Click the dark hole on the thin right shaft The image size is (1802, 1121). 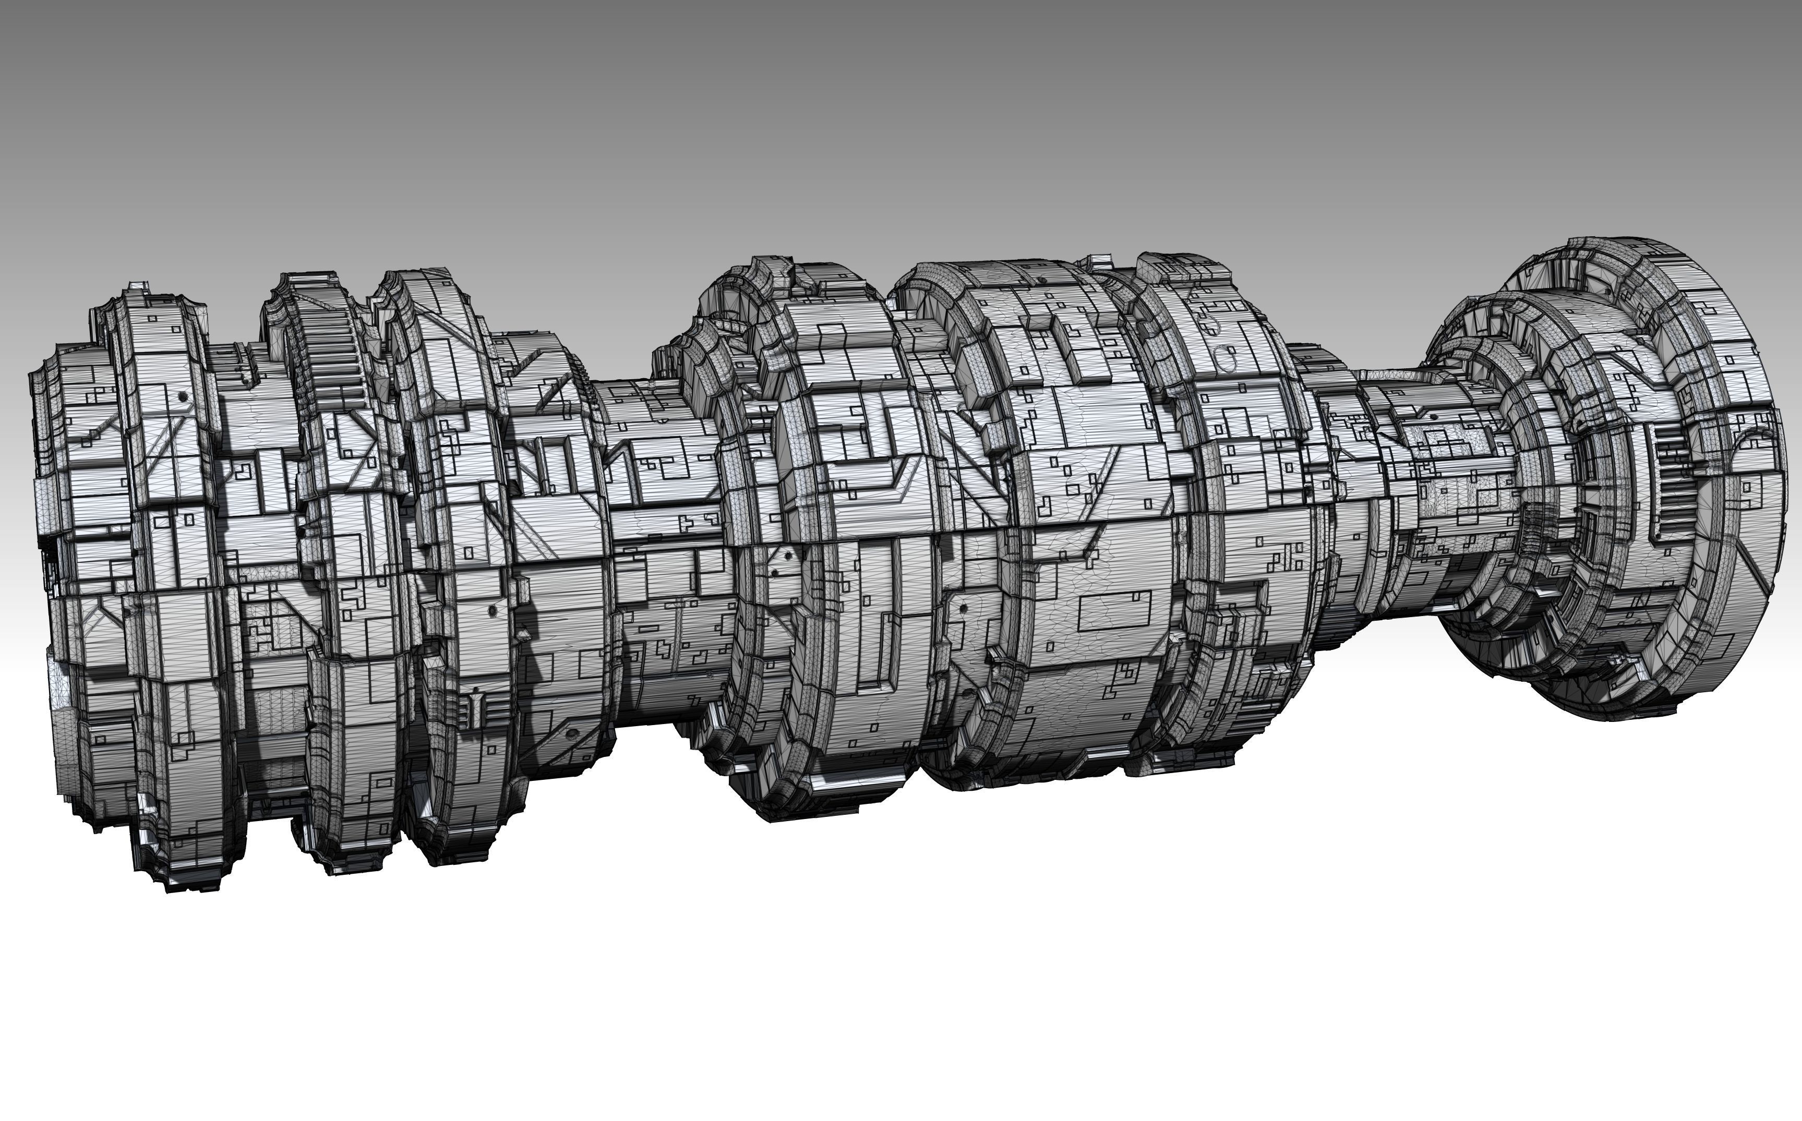(1434, 417)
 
